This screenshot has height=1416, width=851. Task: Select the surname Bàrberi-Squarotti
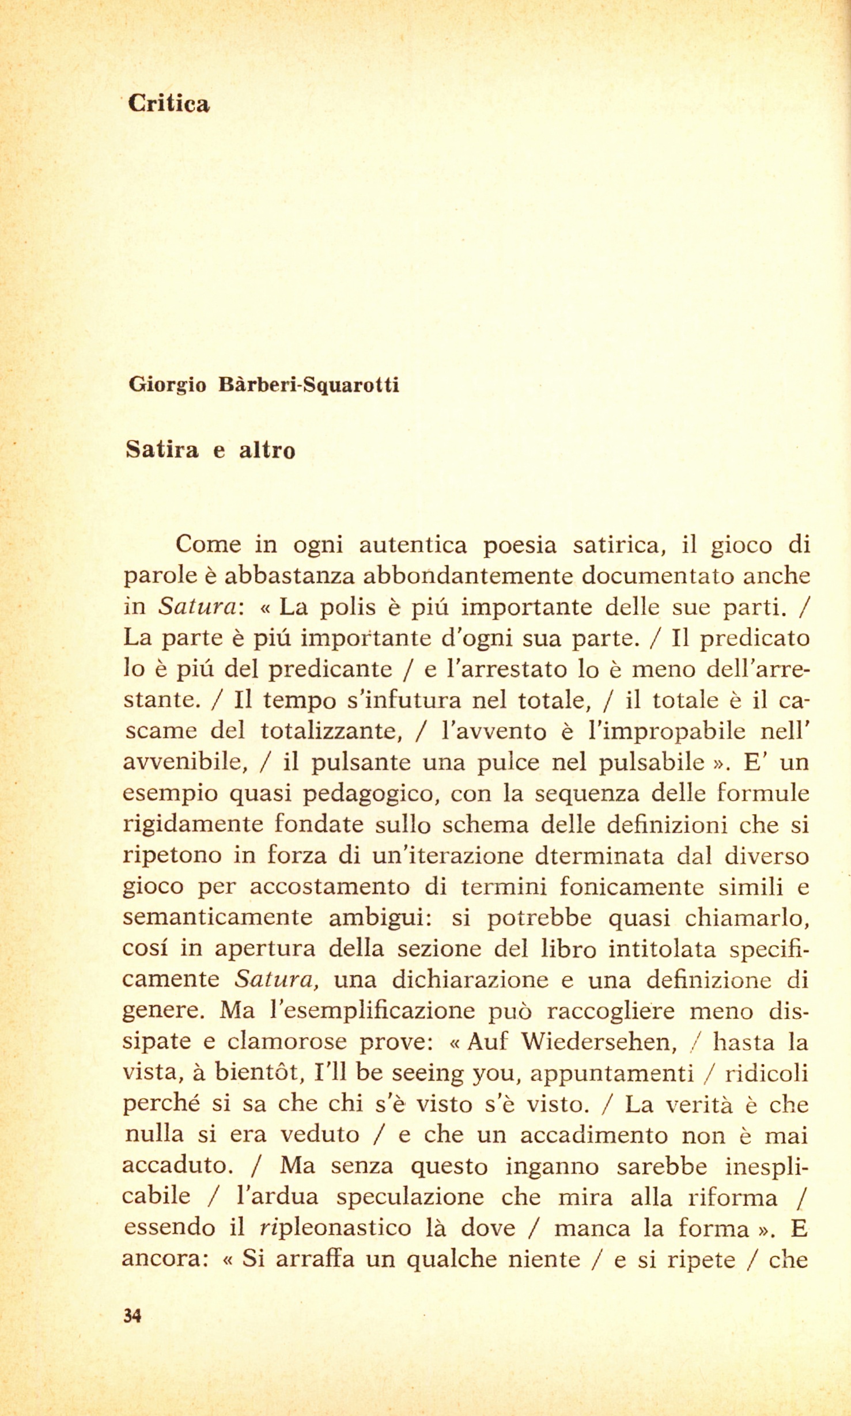pos(309,385)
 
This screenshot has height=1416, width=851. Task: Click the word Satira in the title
pos(162,450)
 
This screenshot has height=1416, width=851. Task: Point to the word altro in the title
pos(267,450)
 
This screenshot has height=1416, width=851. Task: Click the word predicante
pos(331,669)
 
